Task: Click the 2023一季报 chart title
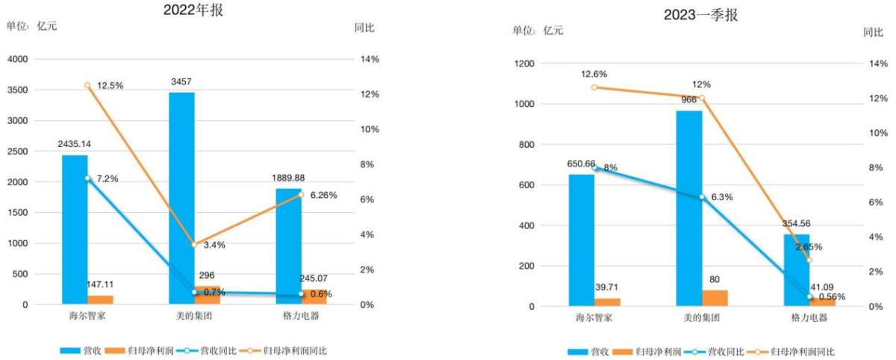(x=701, y=15)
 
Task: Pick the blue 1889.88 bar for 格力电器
(x=289, y=246)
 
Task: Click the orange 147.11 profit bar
(x=100, y=300)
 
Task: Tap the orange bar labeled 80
(x=715, y=298)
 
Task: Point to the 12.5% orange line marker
(x=87, y=86)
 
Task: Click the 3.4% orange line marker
(x=194, y=244)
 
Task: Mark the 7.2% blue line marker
(x=87, y=179)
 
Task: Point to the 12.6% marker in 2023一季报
(x=594, y=87)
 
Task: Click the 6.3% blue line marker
(x=703, y=197)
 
